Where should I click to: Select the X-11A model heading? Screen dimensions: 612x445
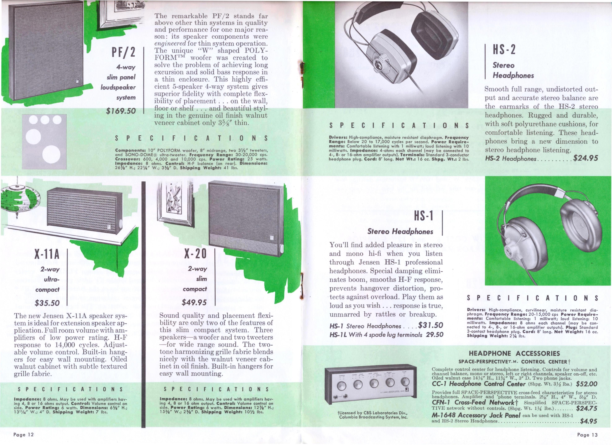click(x=47, y=254)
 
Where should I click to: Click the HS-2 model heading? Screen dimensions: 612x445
click(x=504, y=50)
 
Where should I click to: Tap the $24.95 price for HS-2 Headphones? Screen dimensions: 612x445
click(x=586, y=158)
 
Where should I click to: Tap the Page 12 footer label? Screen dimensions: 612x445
click(x=24, y=435)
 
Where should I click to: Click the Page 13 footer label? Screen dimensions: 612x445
click(x=587, y=435)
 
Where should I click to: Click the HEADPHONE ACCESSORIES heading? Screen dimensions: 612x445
click(x=514, y=353)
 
